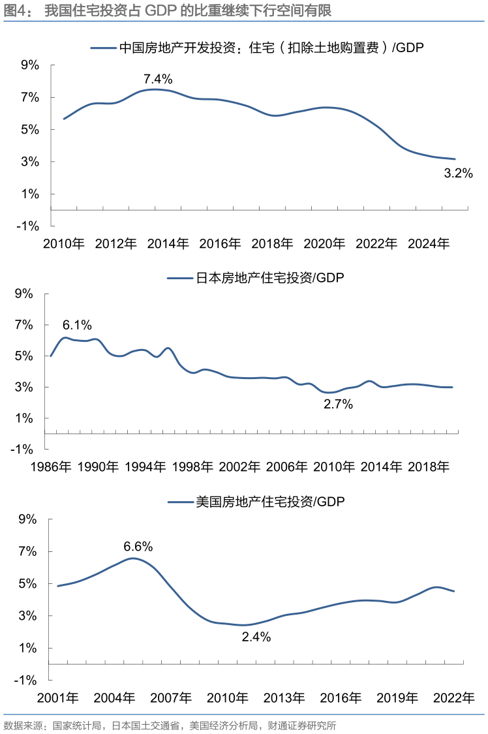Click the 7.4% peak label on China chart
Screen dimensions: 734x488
158,80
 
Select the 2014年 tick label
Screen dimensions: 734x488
168,244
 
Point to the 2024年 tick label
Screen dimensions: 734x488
429,244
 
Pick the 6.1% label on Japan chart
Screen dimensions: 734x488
77,325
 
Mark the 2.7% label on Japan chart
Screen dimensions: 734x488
338,405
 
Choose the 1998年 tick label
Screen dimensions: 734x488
192,466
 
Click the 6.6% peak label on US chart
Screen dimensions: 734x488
138,546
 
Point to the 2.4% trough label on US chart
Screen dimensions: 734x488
256,637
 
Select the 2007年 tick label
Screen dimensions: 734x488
172,698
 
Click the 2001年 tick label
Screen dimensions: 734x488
58,698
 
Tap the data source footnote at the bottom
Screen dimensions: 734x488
170,725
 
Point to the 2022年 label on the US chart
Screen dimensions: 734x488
454,698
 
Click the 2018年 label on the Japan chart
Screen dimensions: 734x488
429,466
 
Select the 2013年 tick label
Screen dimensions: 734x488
284,698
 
